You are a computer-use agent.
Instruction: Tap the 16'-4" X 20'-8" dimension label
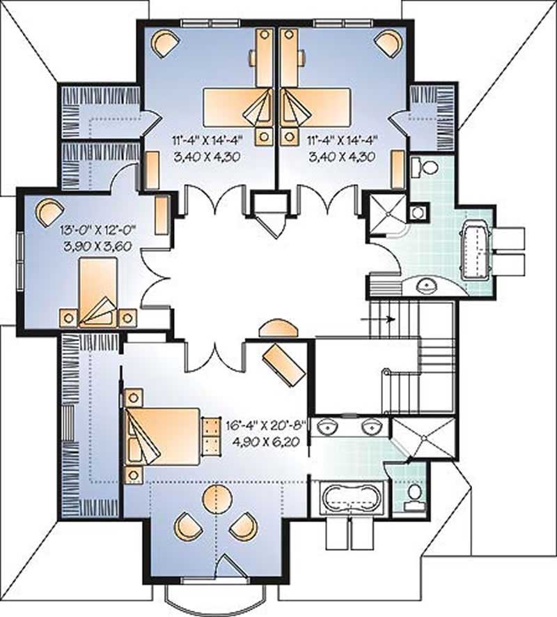point(267,425)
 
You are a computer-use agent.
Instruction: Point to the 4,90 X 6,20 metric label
point(267,440)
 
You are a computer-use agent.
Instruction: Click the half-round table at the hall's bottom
point(276,329)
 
